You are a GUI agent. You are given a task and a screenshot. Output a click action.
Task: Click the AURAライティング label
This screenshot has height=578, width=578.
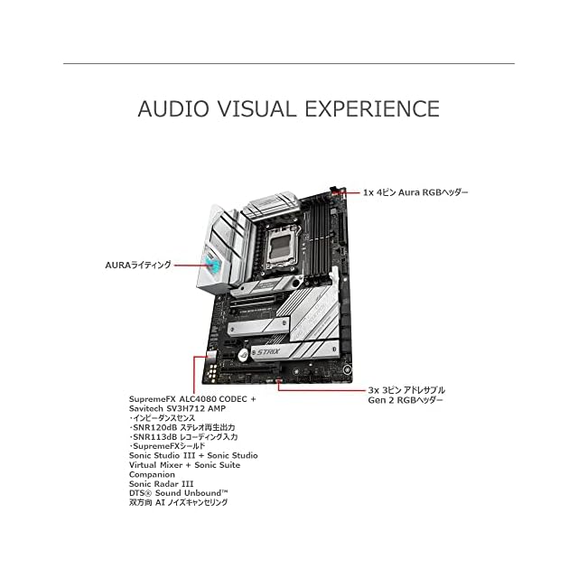coord(137,266)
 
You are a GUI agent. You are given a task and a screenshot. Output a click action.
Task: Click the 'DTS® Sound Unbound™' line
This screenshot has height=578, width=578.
coord(177,493)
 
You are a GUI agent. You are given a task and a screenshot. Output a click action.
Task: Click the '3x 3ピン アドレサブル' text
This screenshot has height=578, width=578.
coord(406,390)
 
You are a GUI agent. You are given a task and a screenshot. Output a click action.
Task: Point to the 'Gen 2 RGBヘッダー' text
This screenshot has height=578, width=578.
coord(406,401)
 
